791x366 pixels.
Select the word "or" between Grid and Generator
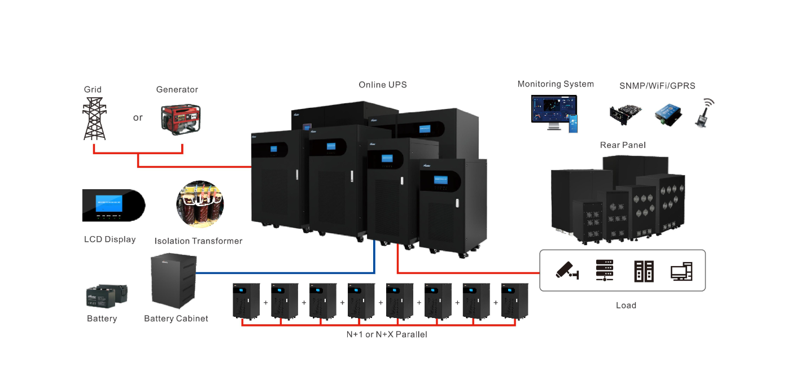tap(138, 118)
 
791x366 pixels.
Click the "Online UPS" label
tap(382, 85)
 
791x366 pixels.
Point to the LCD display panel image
tap(113, 206)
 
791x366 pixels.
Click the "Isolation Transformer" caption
tap(198, 241)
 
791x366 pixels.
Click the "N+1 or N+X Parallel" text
tap(387, 334)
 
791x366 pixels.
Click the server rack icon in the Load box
tap(605, 271)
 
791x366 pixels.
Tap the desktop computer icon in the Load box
tap(681, 272)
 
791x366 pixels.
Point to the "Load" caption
tap(626, 306)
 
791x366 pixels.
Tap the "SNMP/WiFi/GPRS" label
tap(657, 86)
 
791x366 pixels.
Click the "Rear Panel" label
tap(623, 146)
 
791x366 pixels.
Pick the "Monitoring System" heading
tap(556, 84)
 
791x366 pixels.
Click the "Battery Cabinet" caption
tap(176, 319)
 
